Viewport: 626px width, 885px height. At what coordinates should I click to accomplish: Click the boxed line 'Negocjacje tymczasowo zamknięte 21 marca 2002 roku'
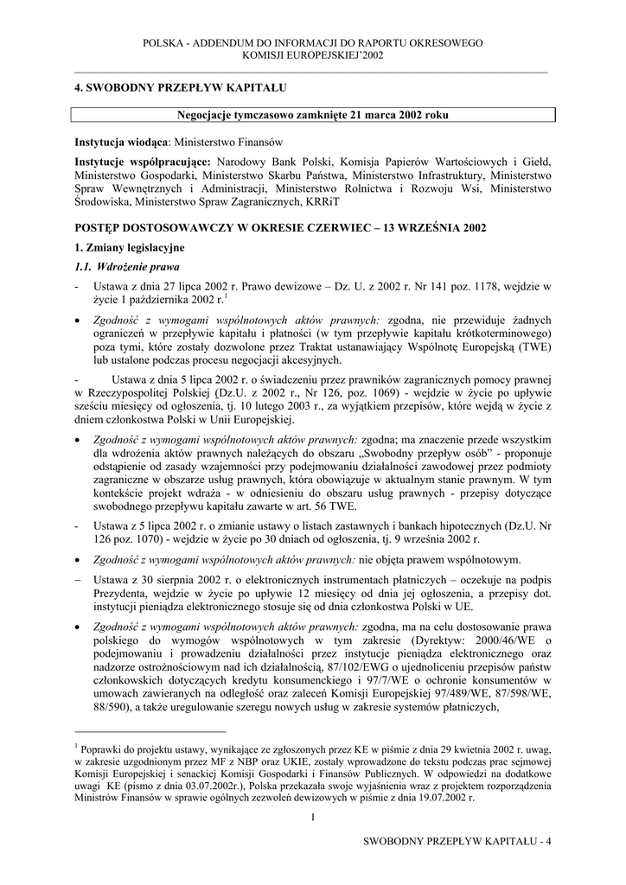[312, 115]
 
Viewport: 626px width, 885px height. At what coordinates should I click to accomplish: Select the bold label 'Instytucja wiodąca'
[121, 141]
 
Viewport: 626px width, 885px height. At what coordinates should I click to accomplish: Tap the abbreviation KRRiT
[323, 201]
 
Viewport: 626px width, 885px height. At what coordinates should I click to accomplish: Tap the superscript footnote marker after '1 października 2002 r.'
[225, 296]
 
